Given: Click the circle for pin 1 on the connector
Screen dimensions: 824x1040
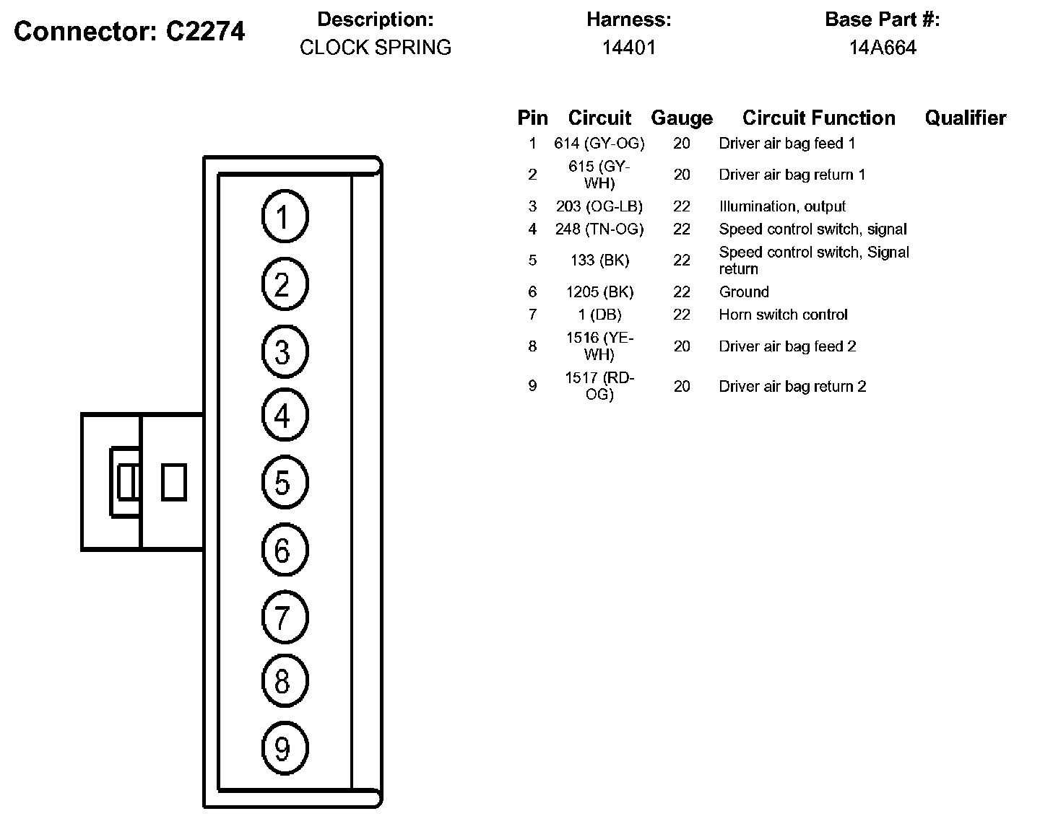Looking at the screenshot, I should pos(285,216).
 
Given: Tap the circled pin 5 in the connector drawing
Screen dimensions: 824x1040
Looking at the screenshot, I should pos(285,482).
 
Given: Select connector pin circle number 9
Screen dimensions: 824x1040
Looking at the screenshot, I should pos(285,748).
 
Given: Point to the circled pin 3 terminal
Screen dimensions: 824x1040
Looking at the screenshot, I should pos(285,351).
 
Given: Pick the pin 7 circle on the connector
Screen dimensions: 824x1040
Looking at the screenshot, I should pos(285,617).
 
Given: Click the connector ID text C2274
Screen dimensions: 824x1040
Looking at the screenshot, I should pos(205,31).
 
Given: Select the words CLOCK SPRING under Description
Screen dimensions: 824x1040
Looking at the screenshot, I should pos(376,48).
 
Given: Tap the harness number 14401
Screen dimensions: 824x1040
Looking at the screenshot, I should pos(628,48).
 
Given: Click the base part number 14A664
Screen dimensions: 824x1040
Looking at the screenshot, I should pos(883,48).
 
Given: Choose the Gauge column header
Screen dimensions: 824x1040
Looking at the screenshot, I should pos(681,118).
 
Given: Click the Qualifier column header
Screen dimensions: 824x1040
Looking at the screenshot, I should pos(965,118).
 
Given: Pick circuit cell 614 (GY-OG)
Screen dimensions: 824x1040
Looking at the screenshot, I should pos(599,144).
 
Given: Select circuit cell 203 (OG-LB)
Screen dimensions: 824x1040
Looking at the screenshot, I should pos(599,206).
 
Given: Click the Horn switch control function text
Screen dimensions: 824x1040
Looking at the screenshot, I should pos(783,315).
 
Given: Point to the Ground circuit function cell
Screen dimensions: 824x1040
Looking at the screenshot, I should pos(743,292).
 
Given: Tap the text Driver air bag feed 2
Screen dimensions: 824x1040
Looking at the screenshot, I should pos(787,346).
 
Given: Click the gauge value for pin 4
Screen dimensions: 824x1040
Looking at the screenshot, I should pos(681,229).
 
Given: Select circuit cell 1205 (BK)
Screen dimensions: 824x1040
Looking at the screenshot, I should pos(599,292).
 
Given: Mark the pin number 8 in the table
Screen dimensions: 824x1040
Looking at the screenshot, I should pos(532,346).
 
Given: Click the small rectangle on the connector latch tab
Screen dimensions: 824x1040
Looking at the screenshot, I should pos(173,482).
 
